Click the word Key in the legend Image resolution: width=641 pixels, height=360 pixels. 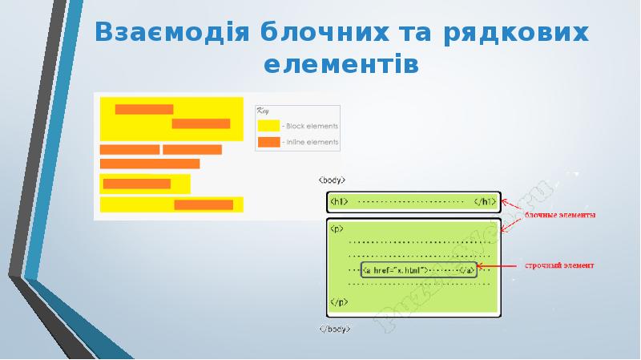click(263, 113)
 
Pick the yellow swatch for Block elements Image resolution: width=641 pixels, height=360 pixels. click(268, 126)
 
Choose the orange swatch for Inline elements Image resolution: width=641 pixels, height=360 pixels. click(268, 142)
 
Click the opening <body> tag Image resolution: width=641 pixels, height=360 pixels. click(333, 180)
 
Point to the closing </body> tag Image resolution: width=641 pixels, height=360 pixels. click(335, 329)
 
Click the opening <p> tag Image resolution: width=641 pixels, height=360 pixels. click(337, 228)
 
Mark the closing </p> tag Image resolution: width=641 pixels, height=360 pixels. click(337, 303)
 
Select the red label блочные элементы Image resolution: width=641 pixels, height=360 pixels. click(560, 214)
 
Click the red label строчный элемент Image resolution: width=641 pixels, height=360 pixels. click(558, 265)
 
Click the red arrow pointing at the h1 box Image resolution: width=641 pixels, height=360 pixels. click(513, 206)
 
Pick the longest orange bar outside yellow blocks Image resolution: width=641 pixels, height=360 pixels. click(150, 164)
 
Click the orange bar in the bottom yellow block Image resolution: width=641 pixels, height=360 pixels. click(204, 205)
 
